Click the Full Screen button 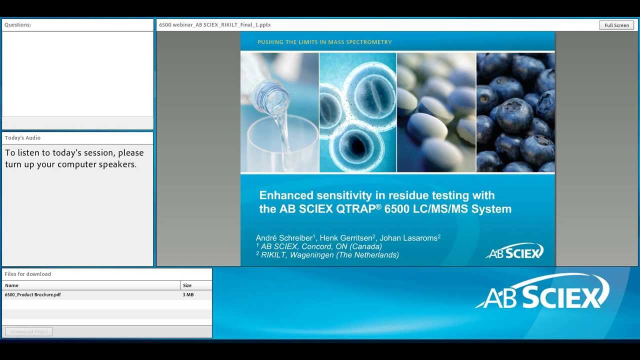(616, 25)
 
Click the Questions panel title (18, 25)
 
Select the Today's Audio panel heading (22, 138)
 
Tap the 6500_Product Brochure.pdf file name (33, 295)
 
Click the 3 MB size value (188, 295)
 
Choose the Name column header (11, 285)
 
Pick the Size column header (187, 285)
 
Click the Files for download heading (28, 274)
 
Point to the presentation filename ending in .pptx (215, 25)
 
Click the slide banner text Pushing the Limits (324, 42)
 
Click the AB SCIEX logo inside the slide (514, 251)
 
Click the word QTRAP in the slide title (355, 209)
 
